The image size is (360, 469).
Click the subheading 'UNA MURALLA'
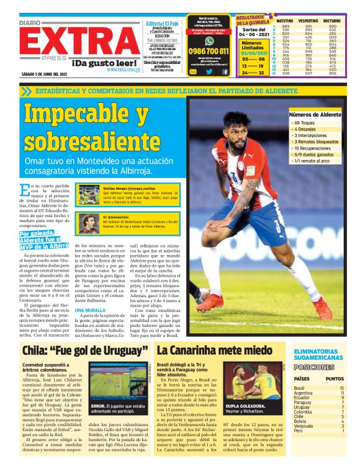pyautogui.click(x=88, y=310)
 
